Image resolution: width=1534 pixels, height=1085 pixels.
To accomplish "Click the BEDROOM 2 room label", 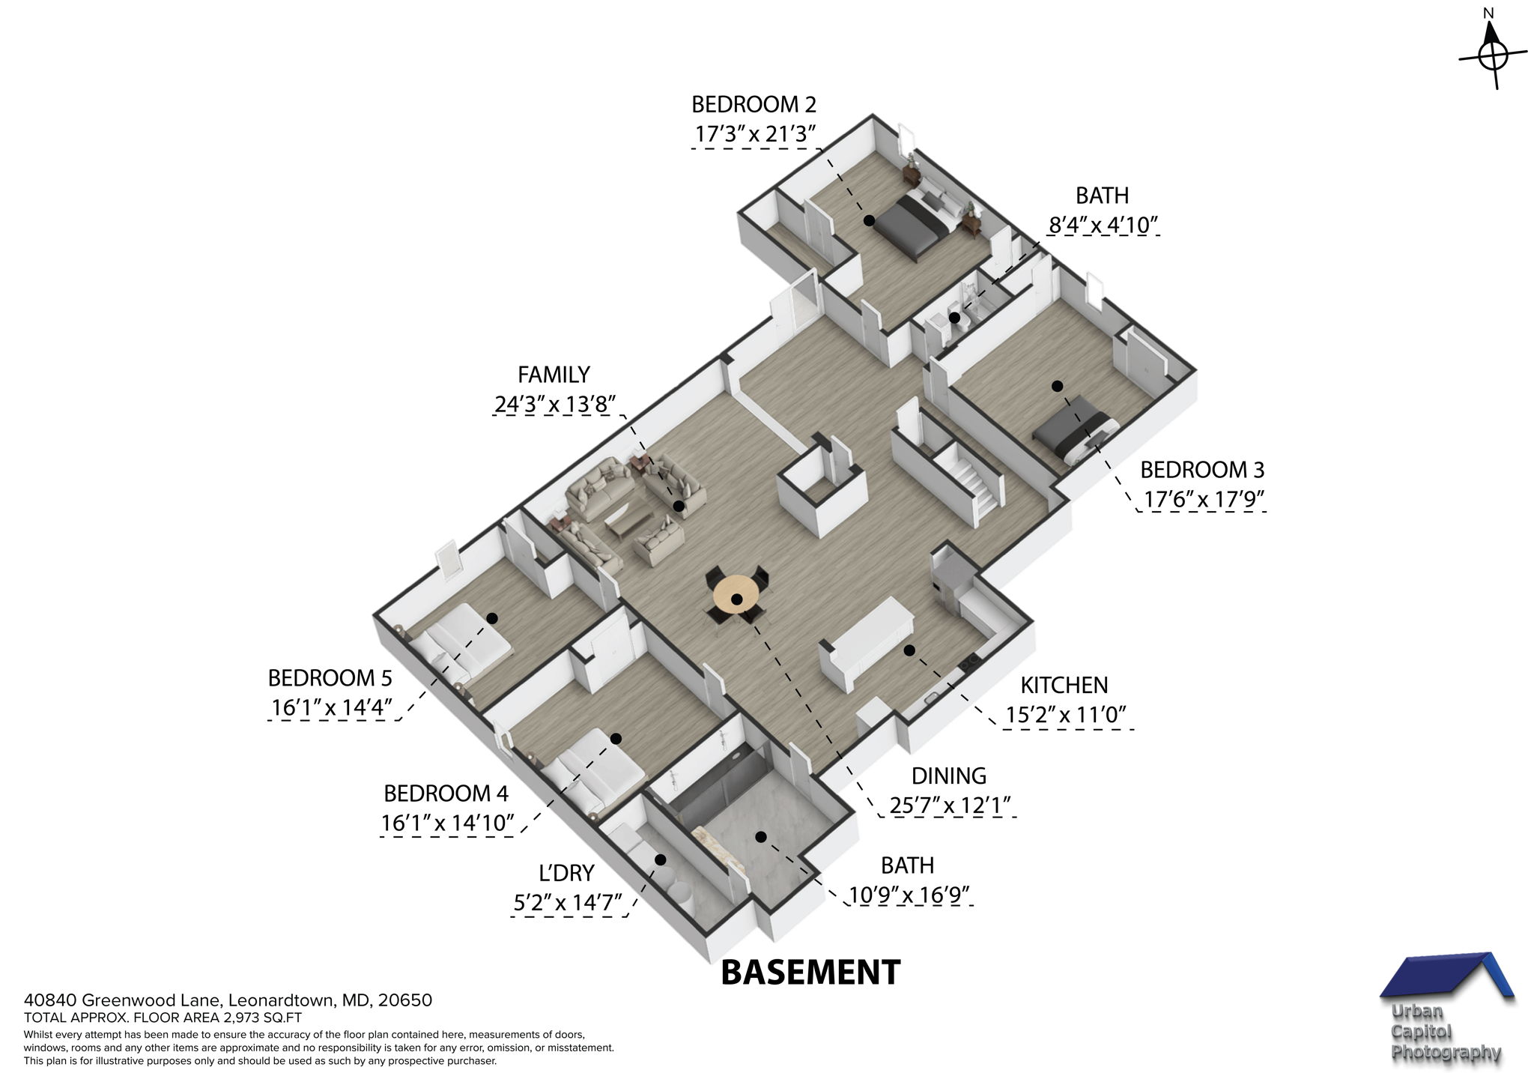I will click(x=753, y=103).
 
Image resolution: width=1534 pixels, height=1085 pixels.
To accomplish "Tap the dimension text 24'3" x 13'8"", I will click(x=554, y=405).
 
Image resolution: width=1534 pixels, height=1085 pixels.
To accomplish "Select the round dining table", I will click(x=736, y=596).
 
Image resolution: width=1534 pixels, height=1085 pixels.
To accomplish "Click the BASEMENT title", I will click(x=810, y=973).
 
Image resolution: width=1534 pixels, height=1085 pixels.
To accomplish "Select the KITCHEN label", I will click(x=1064, y=685).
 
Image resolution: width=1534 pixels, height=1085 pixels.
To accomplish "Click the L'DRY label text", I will click(x=566, y=873).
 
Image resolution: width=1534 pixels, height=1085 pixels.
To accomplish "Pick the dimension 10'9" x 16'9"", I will click(x=910, y=895).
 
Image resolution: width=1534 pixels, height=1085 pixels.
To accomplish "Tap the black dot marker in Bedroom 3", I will click(x=1057, y=386).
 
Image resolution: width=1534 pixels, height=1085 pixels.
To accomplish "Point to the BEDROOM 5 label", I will click(x=330, y=678).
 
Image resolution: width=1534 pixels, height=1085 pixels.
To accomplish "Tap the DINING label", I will click(x=948, y=776).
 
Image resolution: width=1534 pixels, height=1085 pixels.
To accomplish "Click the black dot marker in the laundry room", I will click(x=661, y=859).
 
